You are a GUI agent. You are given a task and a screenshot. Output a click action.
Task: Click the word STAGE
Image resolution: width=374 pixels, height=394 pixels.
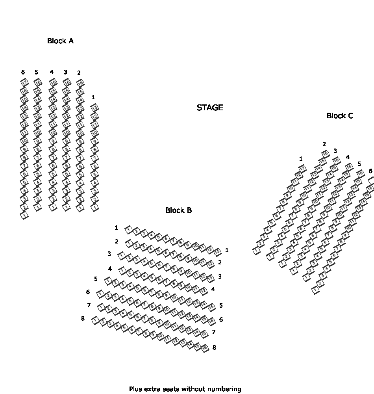tap(210, 108)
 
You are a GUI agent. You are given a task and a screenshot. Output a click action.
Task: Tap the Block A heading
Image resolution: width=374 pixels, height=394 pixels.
tap(60, 41)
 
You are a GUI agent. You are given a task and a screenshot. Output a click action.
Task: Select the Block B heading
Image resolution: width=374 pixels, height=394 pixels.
tap(178, 210)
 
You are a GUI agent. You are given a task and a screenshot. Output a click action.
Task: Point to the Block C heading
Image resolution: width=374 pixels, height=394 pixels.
tap(340, 115)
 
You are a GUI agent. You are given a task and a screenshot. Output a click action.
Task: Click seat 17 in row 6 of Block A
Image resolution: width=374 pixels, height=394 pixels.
tap(24, 82)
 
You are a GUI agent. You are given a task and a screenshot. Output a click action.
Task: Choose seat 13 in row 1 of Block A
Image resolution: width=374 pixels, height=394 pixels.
tap(94, 108)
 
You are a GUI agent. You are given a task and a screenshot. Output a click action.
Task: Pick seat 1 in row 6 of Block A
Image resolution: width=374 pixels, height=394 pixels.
tap(24, 216)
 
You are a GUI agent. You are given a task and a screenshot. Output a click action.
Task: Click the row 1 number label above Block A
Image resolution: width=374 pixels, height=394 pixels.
tap(93, 97)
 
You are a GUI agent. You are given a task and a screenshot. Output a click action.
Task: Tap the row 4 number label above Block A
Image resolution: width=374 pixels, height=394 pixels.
tap(52, 72)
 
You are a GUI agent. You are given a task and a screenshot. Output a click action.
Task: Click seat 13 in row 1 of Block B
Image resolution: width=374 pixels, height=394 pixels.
tap(217, 251)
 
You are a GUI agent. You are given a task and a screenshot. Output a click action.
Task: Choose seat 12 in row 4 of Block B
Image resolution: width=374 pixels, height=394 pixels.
tap(204, 291)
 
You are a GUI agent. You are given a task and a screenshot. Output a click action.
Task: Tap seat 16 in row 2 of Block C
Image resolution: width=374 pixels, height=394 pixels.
tap(325, 154)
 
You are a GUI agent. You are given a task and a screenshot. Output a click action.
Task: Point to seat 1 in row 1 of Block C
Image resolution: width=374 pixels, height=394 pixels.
tap(257, 250)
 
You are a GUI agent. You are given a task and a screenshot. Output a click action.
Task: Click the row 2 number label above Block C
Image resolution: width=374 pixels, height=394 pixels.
tap(324, 144)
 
